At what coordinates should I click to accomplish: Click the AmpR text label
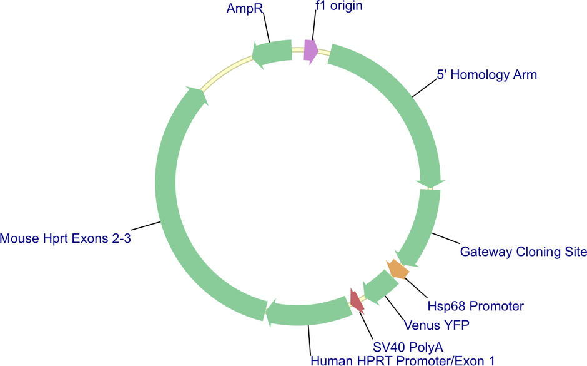click(245, 8)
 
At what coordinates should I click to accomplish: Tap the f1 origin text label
click(339, 6)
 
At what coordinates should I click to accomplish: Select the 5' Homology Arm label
click(487, 74)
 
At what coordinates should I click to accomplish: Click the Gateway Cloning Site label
click(523, 252)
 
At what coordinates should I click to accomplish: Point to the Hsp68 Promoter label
click(475, 306)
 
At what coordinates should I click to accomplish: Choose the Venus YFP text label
click(437, 325)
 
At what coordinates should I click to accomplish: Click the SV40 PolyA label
click(408, 347)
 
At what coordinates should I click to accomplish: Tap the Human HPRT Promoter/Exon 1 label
click(402, 361)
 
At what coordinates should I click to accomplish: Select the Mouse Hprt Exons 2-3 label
click(66, 238)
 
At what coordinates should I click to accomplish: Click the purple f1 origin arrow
click(311, 52)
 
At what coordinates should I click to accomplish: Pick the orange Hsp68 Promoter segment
click(398, 269)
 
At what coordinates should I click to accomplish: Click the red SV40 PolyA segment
click(357, 301)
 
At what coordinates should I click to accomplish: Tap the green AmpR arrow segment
click(272, 54)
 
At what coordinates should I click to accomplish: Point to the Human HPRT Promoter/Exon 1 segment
click(307, 312)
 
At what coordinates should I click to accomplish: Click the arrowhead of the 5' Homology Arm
click(430, 184)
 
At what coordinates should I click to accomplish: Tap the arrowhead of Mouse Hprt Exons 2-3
click(197, 95)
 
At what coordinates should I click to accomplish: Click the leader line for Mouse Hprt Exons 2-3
click(146, 226)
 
